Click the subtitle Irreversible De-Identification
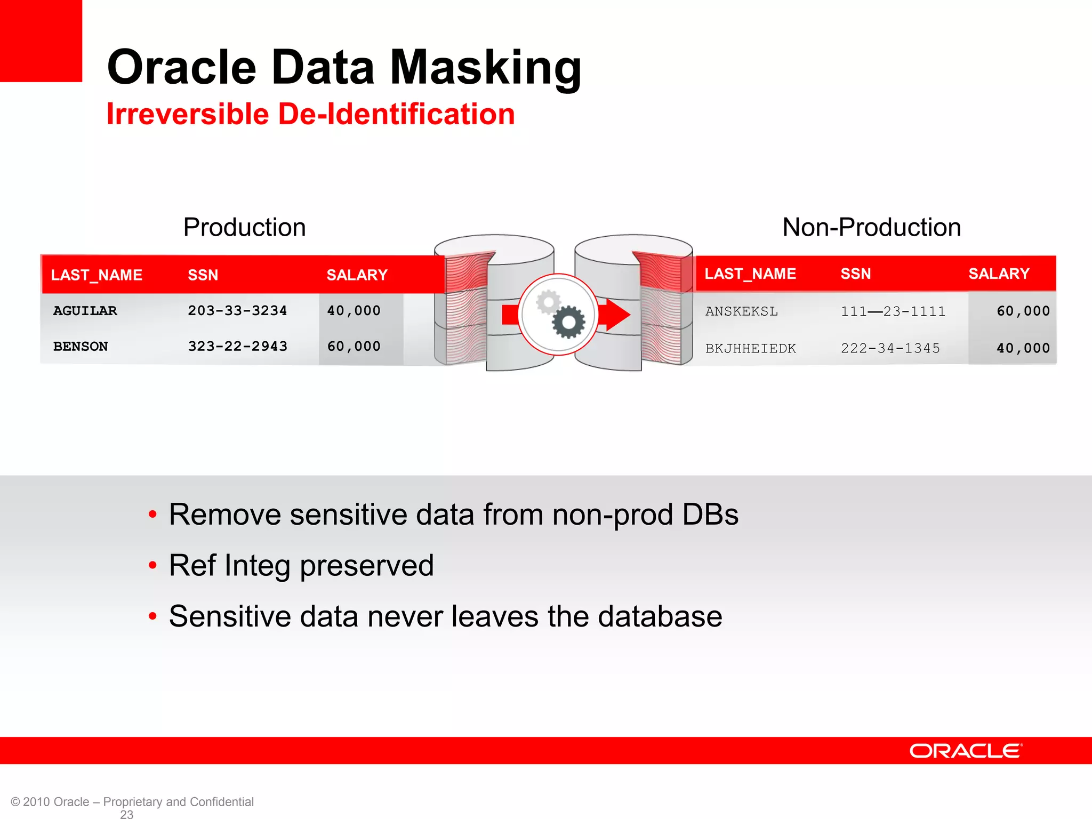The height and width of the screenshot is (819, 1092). coord(310,114)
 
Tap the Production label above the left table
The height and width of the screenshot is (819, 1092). coord(244,227)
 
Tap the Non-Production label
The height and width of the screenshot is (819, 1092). coord(871,227)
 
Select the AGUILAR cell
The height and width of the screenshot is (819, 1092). coord(85,311)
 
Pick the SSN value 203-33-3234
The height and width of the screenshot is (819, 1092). coord(237,311)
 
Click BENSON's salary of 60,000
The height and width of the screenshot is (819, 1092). coord(354,347)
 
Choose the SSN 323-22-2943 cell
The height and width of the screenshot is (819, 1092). coord(237,347)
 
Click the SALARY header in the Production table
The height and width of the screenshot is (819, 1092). coord(357,275)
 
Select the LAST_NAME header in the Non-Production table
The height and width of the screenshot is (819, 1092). coord(750,274)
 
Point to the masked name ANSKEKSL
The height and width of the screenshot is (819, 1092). coord(741,311)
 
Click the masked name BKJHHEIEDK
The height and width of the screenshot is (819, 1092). coord(750,349)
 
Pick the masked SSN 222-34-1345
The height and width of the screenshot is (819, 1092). coord(890,349)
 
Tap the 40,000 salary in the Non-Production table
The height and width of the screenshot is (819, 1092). coord(1023,349)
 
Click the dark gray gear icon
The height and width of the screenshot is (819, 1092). coord(568,322)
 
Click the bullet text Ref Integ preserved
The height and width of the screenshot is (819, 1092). coord(301,565)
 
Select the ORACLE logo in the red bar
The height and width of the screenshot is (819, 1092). coord(966,751)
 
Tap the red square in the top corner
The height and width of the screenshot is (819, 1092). coord(41,41)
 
